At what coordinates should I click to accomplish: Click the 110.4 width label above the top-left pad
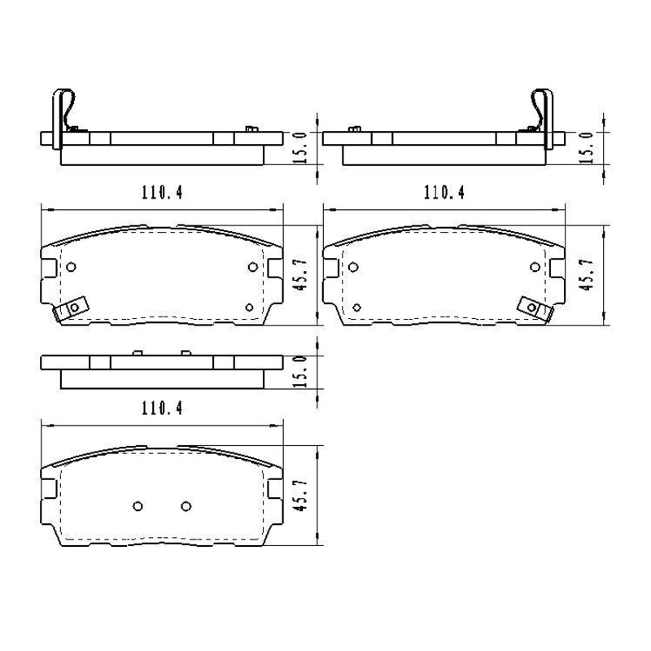(x=163, y=193)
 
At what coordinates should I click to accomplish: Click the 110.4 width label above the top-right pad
(x=443, y=193)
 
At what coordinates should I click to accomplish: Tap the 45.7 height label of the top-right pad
(x=584, y=274)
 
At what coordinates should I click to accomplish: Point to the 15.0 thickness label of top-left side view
(x=300, y=146)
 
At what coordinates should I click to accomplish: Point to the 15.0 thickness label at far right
(x=584, y=146)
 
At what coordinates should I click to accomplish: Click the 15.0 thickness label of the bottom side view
(x=300, y=371)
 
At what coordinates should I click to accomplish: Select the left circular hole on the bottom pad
(x=138, y=506)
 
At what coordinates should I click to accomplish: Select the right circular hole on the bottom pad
(x=186, y=506)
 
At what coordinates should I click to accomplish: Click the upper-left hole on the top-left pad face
(x=72, y=267)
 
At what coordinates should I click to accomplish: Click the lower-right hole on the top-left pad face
(x=250, y=307)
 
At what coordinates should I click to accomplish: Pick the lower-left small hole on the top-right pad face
(x=356, y=307)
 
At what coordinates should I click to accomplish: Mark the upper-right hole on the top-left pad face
(x=252, y=267)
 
